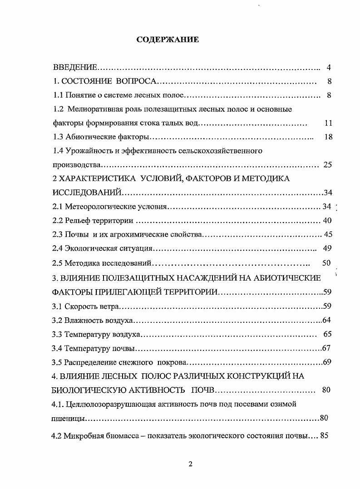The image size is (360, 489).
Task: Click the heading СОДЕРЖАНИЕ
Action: pos(168,40)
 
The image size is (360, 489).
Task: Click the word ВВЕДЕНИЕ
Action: pos(75,68)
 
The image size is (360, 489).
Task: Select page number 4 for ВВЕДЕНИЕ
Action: pos(328,68)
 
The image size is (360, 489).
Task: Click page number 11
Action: pos(329,123)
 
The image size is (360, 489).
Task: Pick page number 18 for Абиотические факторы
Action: pos(328,137)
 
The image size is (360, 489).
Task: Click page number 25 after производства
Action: pos(327,165)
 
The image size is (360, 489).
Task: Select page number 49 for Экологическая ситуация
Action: pos(327,249)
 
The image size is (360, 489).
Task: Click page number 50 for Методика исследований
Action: pos(326,263)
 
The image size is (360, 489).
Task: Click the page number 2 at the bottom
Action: pos(191,464)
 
